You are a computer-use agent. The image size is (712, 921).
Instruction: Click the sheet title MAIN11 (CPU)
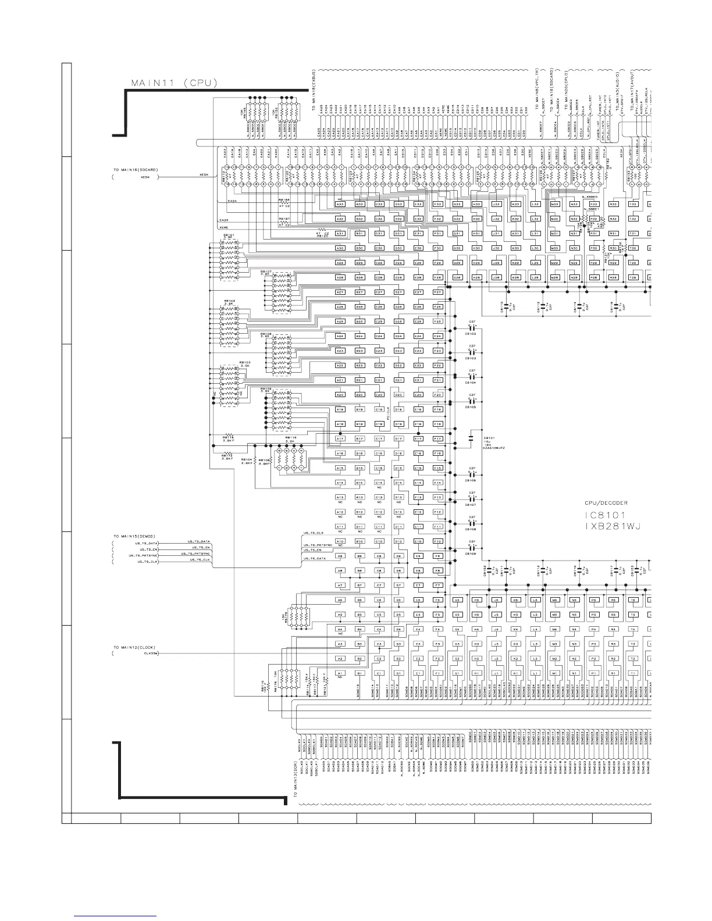[174, 83]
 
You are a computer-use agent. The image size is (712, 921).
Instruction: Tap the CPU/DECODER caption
[606, 502]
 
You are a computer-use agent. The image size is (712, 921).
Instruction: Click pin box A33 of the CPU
[340, 204]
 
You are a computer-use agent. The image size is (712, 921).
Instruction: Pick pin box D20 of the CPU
[398, 395]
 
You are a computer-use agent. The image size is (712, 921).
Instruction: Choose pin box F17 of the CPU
[437, 439]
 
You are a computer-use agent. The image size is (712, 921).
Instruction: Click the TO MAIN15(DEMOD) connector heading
[134, 535]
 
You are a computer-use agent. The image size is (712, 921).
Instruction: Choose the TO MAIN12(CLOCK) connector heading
[134, 647]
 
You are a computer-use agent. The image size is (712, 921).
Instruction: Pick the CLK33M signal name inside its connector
[151, 654]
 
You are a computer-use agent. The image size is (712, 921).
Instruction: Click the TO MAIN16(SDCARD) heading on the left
[136, 170]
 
